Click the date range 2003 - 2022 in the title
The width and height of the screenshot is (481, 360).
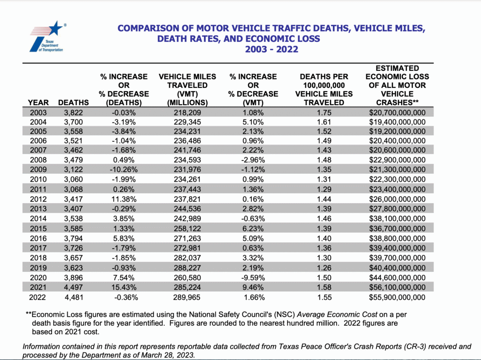pos(272,49)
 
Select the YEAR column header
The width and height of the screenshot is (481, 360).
pos(38,102)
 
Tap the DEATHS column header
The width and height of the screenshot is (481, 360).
pos(73,102)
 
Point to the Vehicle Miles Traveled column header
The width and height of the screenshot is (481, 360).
pos(187,89)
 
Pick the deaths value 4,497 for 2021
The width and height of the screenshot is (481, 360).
pos(73,287)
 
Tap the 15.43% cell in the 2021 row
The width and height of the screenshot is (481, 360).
pos(124,287)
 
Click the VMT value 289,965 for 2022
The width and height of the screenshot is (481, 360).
pos(187,297)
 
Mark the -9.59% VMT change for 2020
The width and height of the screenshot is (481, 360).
pos(253,277)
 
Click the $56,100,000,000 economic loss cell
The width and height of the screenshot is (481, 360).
pos(397,287)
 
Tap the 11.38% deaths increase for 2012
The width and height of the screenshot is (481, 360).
pos(124,199)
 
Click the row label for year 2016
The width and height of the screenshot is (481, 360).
pos(38,238)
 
